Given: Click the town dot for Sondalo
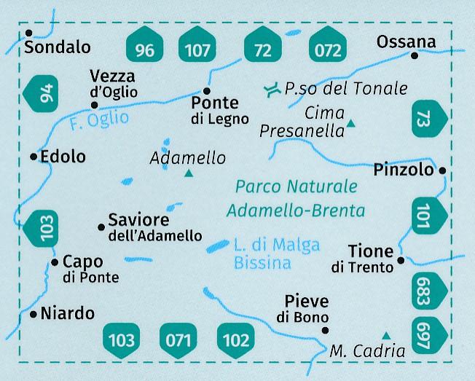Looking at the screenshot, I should pyautogui.click(x=28, y=34).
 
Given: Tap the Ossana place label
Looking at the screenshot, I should pyautogui.click(x=406, y=42).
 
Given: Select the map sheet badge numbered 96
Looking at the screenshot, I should pyautogui.click(x=145, y=50).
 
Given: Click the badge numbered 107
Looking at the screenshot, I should pyautogui.click(x=197, y=50).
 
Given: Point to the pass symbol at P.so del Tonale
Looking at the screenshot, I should pyautogui.click(x=272, y=90).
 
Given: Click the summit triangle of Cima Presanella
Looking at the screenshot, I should pyautogui.click(x=351, y=124).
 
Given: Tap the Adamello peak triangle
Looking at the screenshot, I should pyautogui.click(x=189, y=173).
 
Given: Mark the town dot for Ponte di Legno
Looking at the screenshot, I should pyautogui.click(x=206, y=92).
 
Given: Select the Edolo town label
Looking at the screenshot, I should pyautogui.click(x=63, y=157).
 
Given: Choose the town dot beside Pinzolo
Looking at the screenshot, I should pyautogui.click(x=442, y=170).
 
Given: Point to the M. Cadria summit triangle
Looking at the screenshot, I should pyautogui.click(x=386, y=335).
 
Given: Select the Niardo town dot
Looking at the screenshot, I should pyautogui.click(x=34, y=315).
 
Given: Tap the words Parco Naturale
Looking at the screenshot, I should pyautogui.click(x=297, y=186).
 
